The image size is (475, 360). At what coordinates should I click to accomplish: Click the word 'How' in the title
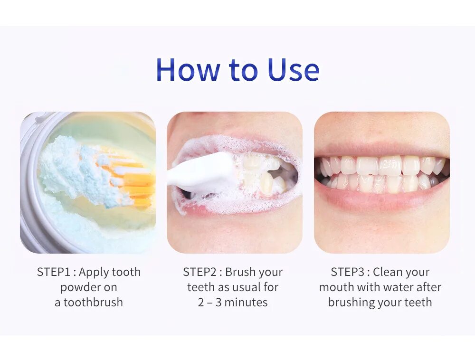(187, 70)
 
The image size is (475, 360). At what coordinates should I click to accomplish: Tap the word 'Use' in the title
(293, 70)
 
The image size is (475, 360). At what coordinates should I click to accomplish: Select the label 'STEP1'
(54, 272)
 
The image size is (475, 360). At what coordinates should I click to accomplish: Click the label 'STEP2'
(199, 272)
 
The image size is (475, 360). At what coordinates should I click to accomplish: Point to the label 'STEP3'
(347, 272)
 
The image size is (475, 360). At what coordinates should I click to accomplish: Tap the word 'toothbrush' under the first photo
(93, 302)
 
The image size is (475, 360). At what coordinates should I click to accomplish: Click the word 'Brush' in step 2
(240, 272)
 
